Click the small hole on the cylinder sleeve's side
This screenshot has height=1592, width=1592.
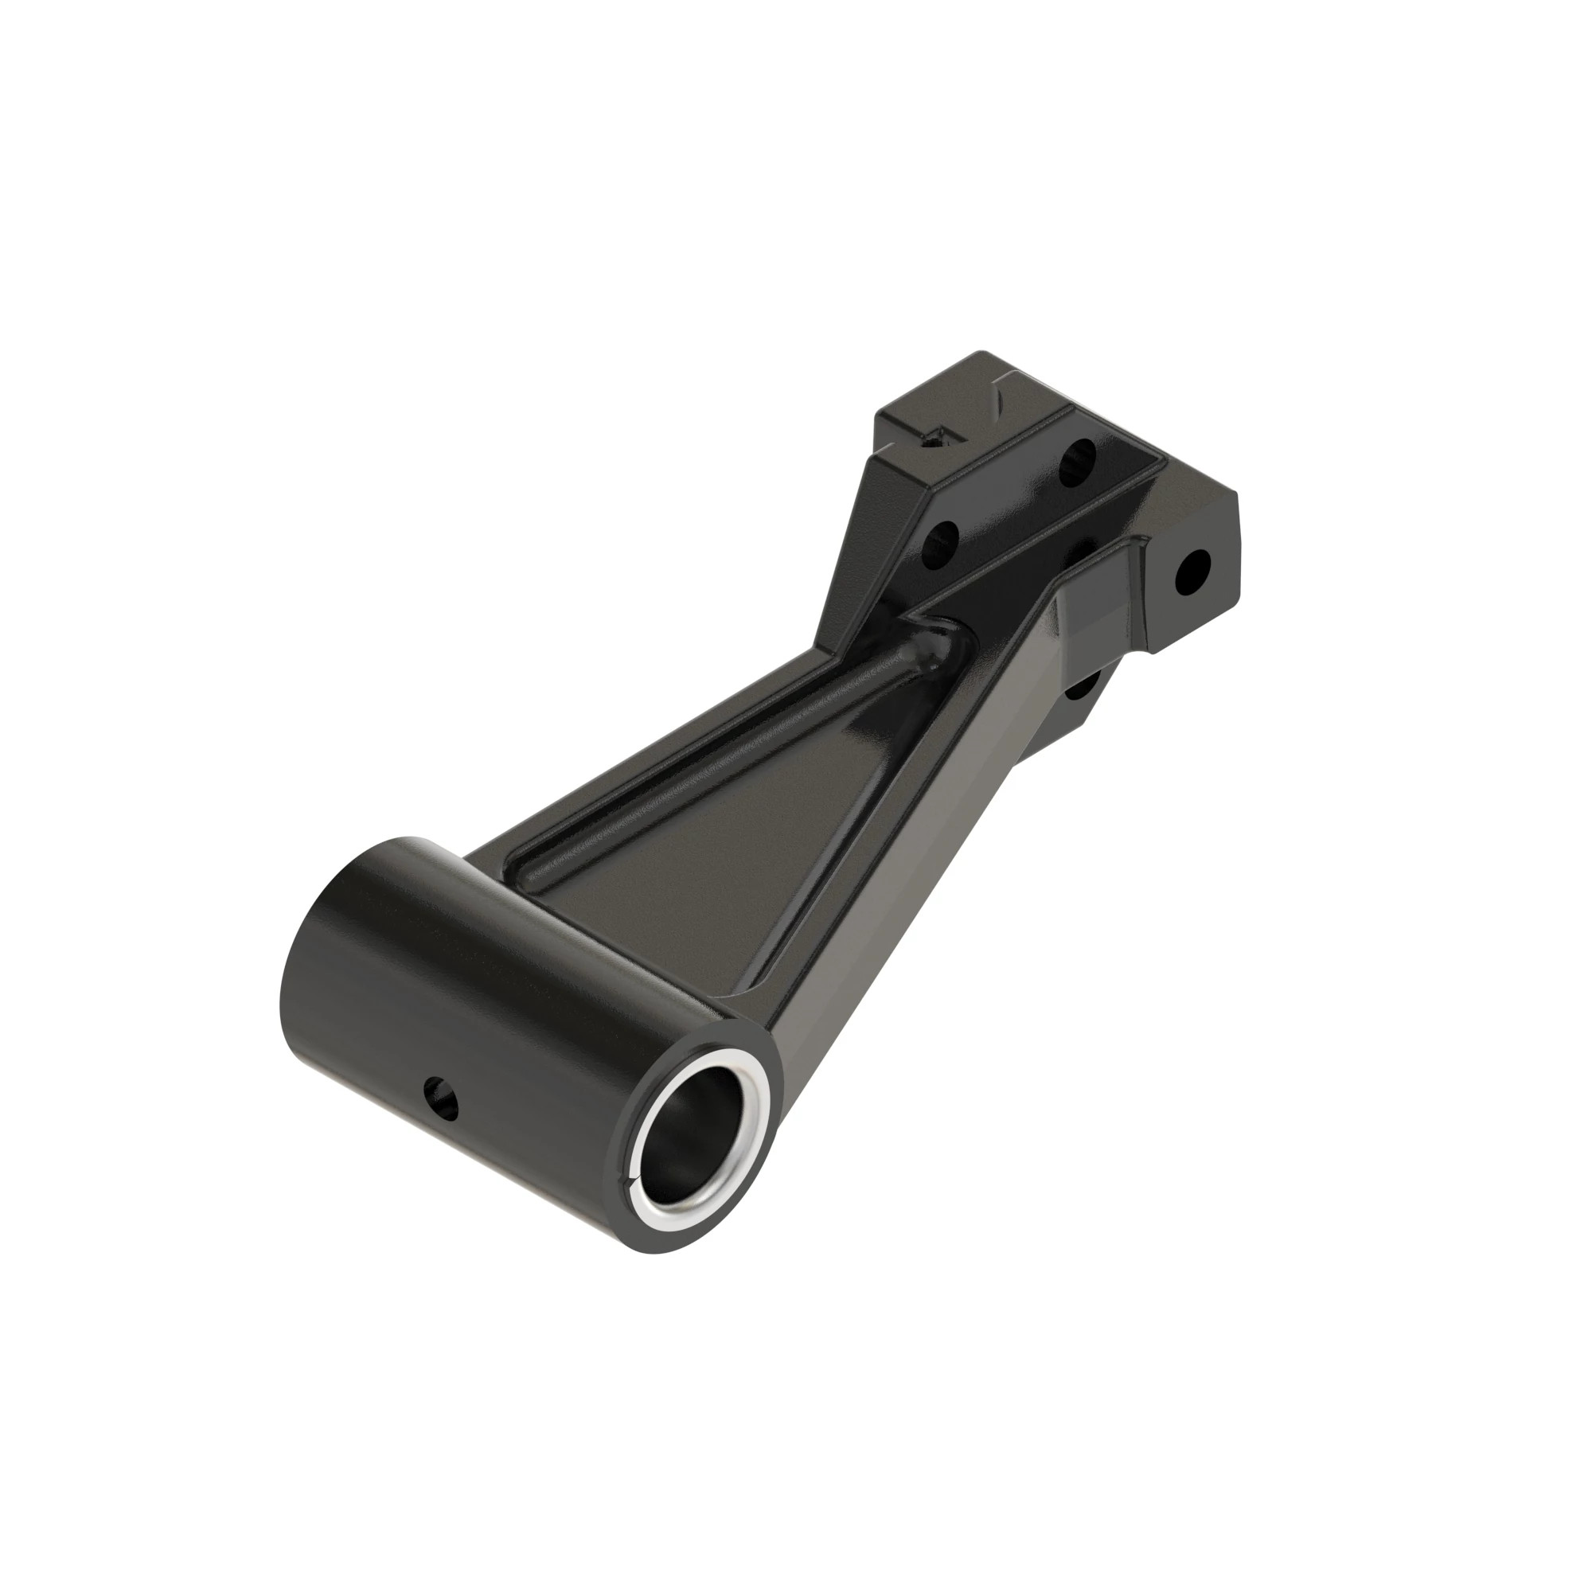(440, 1097)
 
